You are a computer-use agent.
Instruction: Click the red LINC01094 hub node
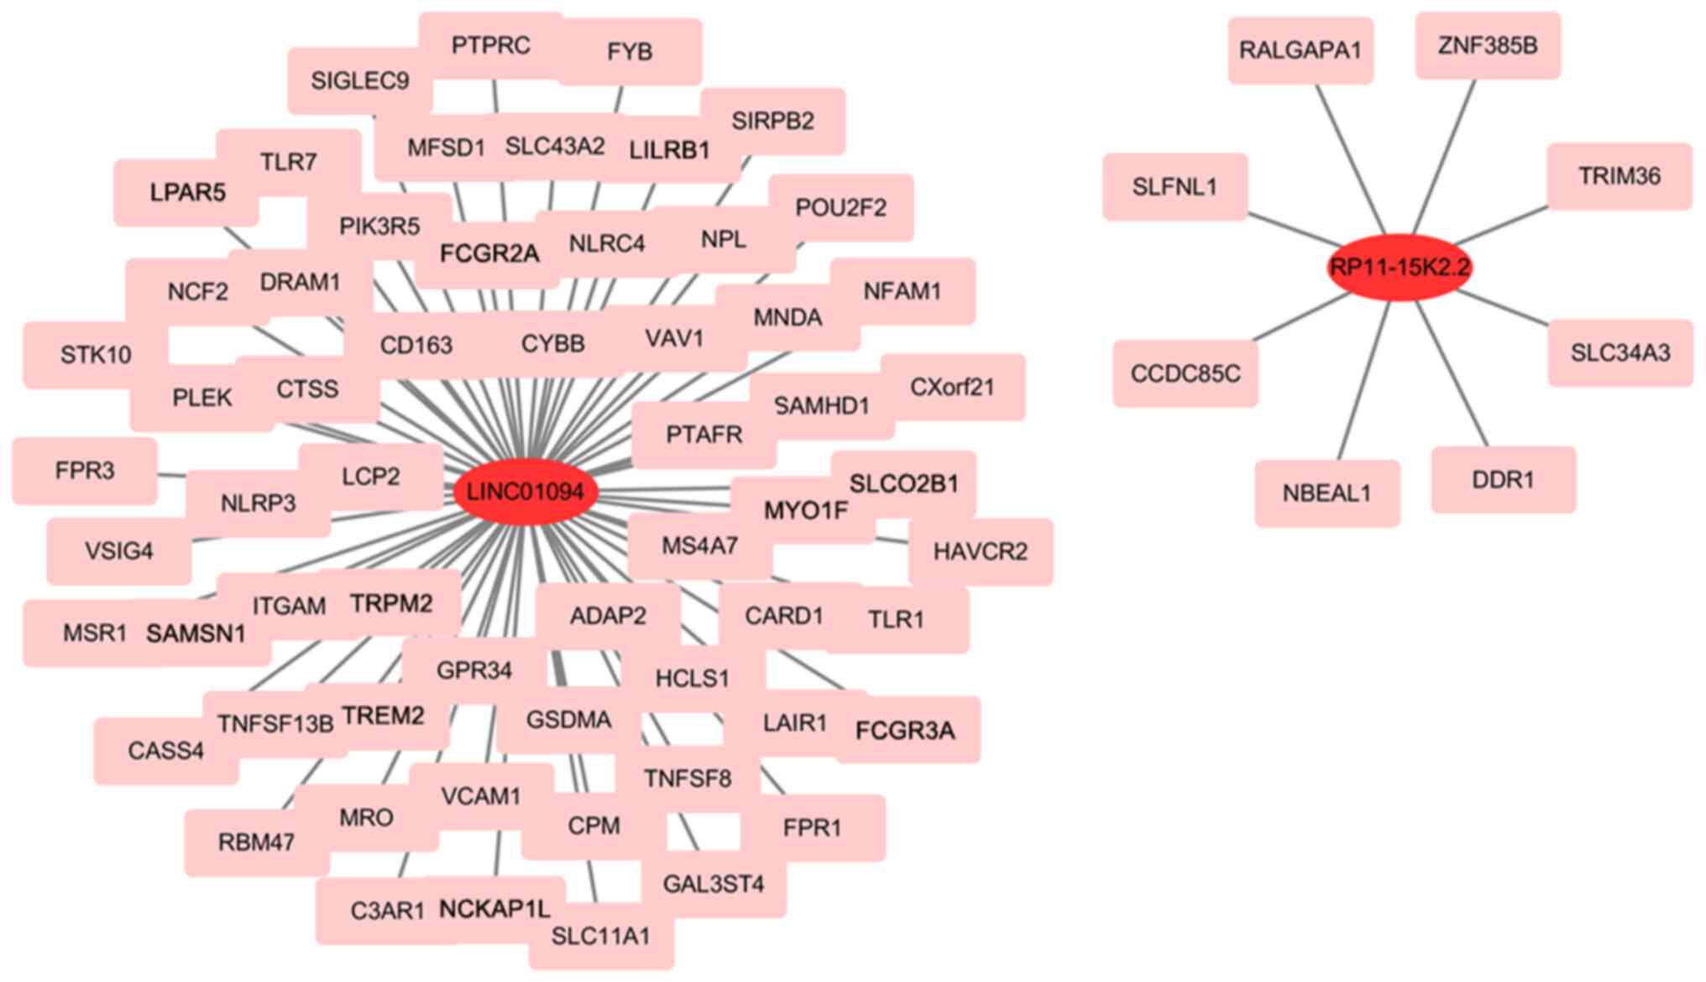coord(525,492)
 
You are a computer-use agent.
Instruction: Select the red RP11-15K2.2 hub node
coord(1400,268)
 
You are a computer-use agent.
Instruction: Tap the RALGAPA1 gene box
coord(1300,50)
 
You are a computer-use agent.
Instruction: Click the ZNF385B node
coord(1488,45)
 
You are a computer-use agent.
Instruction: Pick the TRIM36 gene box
coord(1619,176)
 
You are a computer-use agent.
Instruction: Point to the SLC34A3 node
coord(1620,353)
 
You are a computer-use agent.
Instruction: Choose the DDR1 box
coord(1503,480)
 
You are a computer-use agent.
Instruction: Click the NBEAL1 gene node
coord(1327,494)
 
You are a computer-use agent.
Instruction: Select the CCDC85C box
coord(1185,373)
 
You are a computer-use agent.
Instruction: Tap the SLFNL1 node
coord(1175,186)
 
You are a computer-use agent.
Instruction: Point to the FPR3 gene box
coord(84,471)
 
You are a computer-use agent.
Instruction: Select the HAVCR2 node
coord(980,551)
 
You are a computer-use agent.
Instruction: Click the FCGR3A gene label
coord(905,731)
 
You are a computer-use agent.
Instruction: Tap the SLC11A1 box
coord(600,937)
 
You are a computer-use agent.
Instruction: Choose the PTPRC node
coord(490,45)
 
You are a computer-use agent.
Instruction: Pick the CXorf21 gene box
coord(952,387)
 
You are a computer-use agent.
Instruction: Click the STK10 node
coord(96,355)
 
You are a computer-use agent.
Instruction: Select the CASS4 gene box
coord(165,750)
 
